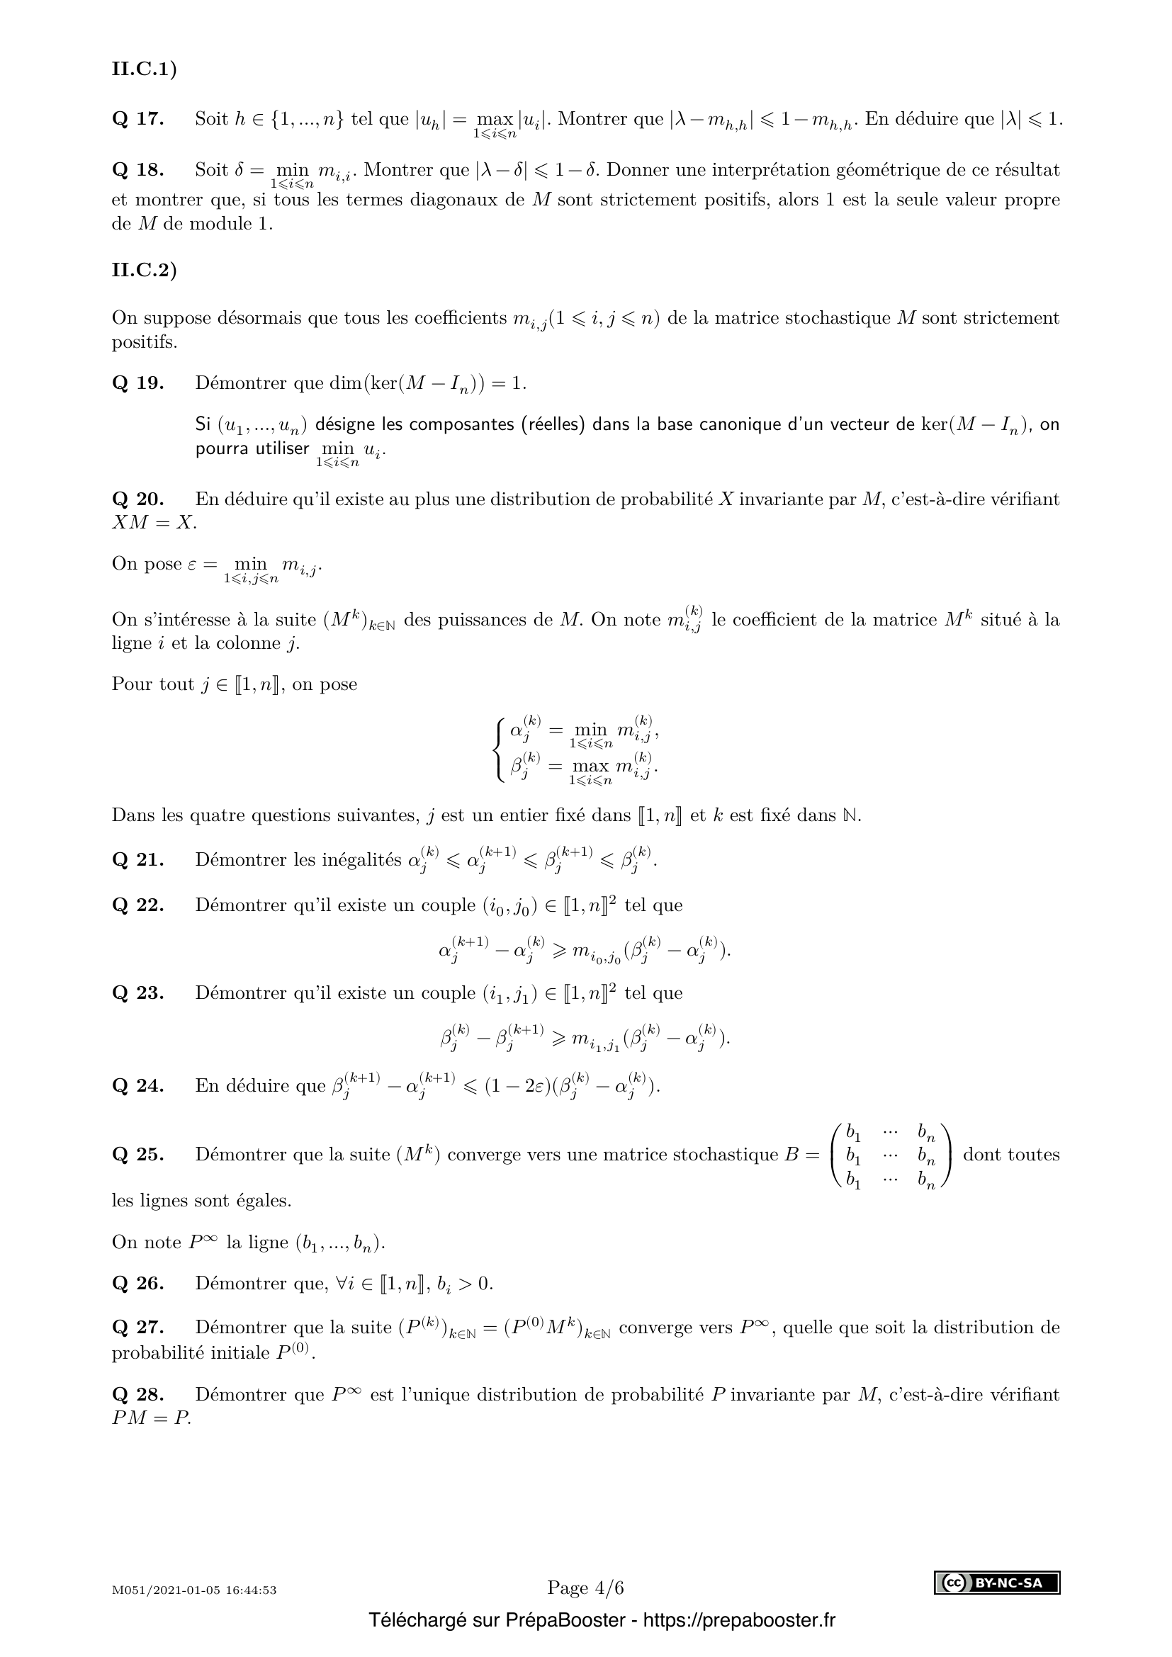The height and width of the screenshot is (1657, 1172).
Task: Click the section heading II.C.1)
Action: [x=144, y=69]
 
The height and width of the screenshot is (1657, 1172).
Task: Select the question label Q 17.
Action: [x=138, y=119]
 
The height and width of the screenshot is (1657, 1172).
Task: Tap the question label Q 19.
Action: [x=138, y=383]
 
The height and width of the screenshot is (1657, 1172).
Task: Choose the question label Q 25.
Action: [x=138, y=1155]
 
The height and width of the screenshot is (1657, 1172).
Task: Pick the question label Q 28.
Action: [x=138, y=1394]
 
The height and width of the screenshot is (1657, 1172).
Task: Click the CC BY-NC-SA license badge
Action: [x=997, y=1583]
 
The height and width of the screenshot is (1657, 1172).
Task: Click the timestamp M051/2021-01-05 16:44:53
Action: [x=194, y=1590]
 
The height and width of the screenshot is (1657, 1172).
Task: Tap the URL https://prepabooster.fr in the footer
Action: [x=738, y=1620]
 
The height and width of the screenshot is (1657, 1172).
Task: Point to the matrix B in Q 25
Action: [x=891, y=1155]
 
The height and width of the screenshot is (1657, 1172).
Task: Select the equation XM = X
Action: [x=153, y=523]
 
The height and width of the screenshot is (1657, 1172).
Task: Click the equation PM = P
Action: [x=152, y=1418]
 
